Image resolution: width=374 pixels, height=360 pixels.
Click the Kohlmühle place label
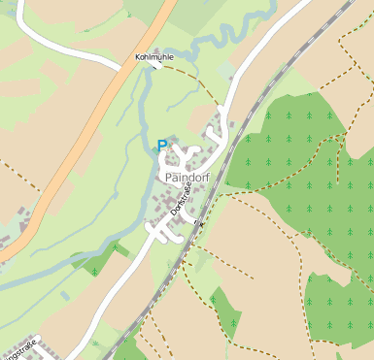(x=153, y=58)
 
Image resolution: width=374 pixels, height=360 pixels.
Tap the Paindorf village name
(x=188, y=179)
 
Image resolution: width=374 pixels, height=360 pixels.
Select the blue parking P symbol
(x=162, y=147)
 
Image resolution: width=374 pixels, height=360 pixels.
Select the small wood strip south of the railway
(x=225, y=312)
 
